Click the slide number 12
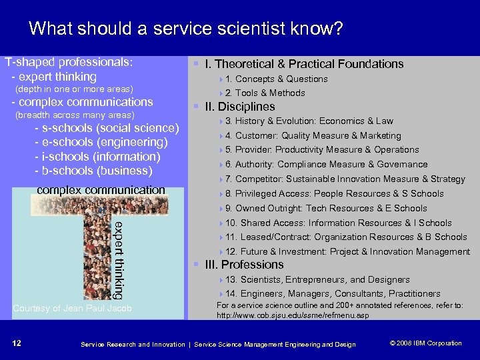pyautogui.click(x=17, y=343)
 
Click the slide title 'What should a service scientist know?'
pyautogui.click(x=186, y=29)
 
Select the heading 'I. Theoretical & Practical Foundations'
pyautogui.click(x=304, y=64)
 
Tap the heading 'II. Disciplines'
pyautogui.click(x=239, y=107)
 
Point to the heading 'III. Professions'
pyautogui.click(x=245, y=265)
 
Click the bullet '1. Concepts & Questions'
pyautogui.click(x=276, y=79)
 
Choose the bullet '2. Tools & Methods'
pyautogui.click(x=265, y=93)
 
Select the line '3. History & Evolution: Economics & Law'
pyautogui.click(x=309, y=121)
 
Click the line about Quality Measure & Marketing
pyautogui.click(x=313, y=136)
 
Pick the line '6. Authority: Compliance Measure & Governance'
pyautogui.click(x=326, y=165)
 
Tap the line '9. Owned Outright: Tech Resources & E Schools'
pyautogui.click(x=326, y=208)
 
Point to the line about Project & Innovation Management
pyautogui.click(x=347, y=252)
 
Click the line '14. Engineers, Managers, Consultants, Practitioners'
pyautogui.click(x=333, y=294)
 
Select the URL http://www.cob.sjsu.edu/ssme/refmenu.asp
pyautogui.click(x=293, y=315)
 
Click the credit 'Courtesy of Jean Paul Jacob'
pyautogui.click(x=73, y=308)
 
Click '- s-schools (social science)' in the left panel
pyautogui.click(x=107, y=129)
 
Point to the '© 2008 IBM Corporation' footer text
pyautogui.click(x=425, y=343)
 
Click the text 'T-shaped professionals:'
pyautogui.click(x=69, y=63)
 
